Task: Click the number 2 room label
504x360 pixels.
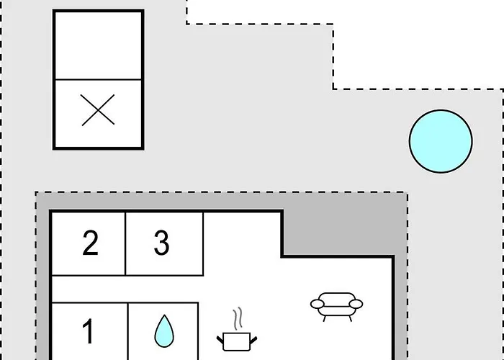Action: tap(90, 243)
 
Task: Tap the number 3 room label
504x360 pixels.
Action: tap(162, 243)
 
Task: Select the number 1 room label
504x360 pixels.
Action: tap(88, 331)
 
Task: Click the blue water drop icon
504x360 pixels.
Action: tap(164, 330)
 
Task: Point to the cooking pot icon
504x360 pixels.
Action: tap(237, 341)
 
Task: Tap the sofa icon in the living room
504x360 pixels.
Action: tap(336, 307)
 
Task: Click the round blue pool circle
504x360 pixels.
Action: tap(441, 141)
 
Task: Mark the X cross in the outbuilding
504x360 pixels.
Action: tap(98, 110)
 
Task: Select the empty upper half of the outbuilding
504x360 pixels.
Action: tap(98, 45)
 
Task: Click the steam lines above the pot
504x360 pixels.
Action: tap(238, 318)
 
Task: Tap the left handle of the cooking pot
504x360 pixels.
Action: tap(220, 340)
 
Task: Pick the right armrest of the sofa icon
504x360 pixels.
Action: tap(356, 304)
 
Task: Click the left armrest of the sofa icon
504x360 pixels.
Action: tap(317, 304)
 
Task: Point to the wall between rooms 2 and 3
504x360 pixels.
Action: tap(125, 243)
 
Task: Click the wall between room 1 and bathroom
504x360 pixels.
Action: tap(128, 331)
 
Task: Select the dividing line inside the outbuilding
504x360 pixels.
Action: tap(98, 79)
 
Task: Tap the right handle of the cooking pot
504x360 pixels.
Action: tap(253, 340)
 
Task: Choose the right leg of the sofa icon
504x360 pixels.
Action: tap(350, 318)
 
